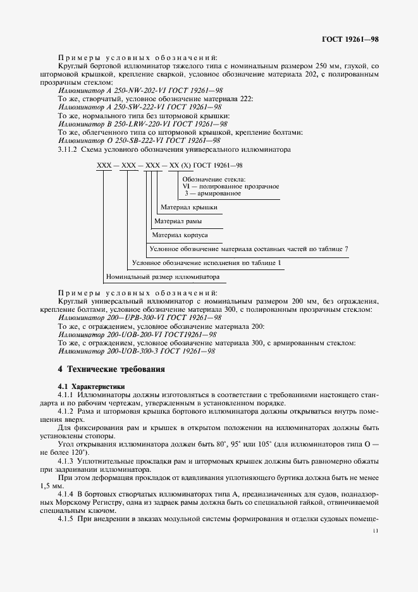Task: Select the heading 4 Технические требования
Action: [111, 369]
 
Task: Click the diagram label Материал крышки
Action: [189, 207]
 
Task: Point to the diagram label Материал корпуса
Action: [180, 235]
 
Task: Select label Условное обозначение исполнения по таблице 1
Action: [206, 262]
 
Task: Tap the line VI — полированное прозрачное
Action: [230, 186]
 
